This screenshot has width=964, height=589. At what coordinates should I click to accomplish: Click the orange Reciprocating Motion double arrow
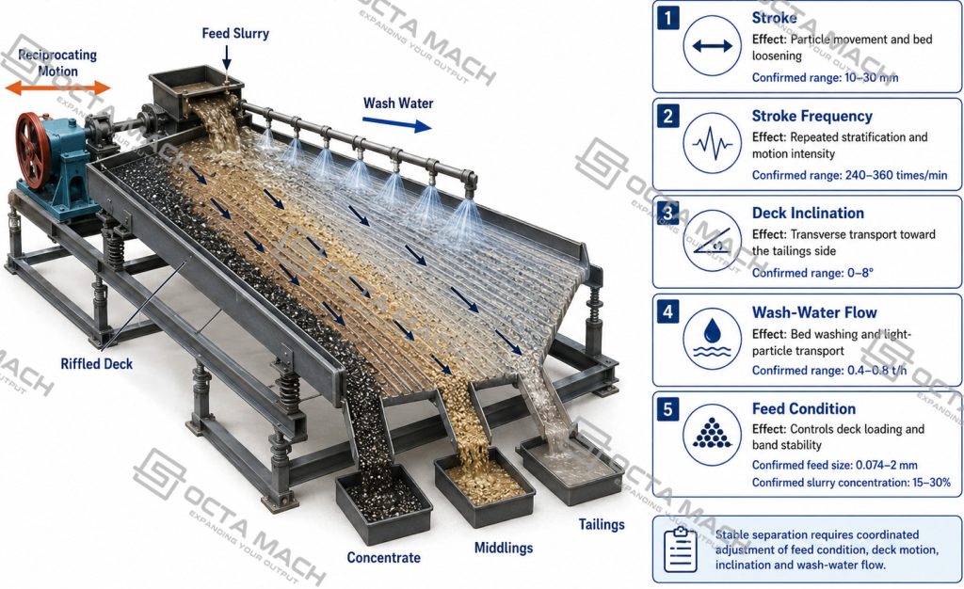[x=57, y=88]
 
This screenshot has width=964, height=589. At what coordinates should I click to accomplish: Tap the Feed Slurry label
[x=235, y=33]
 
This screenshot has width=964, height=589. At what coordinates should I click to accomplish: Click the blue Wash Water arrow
[x=396, y=125]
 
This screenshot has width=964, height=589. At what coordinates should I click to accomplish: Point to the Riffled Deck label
[x=97, y=363]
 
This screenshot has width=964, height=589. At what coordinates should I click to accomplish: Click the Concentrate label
[x=384, y=558]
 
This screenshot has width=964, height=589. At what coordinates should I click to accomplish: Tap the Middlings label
[x=504, y=548]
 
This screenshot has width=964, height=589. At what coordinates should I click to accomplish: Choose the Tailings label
[x=602, y=524]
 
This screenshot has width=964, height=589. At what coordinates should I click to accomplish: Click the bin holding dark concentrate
[x=384, y=503]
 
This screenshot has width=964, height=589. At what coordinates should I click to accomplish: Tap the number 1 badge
[x=668, y=19]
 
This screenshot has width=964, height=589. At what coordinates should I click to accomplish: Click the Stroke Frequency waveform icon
[x=712, y=143]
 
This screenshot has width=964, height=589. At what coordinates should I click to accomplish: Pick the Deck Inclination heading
[x=808, y=214]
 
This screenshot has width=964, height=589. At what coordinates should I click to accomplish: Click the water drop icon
[x=712, y=338]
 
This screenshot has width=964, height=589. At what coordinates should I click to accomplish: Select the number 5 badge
[x=668, y=409]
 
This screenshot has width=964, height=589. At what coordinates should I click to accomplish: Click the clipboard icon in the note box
[x=681, y=549]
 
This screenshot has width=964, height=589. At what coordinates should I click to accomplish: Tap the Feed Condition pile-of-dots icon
[x=712, y=435]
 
